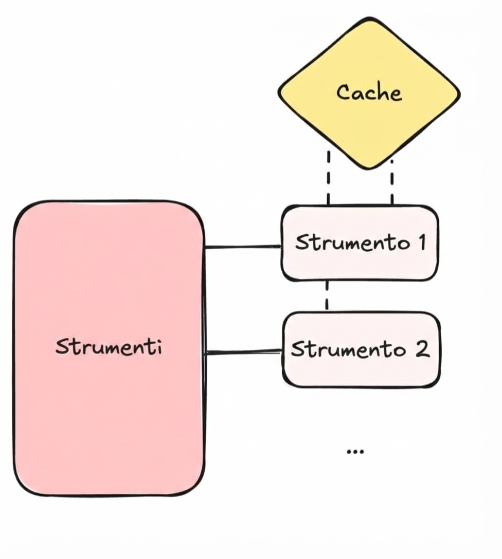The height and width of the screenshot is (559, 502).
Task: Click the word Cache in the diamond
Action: pyautogui.click(x=369, y=92)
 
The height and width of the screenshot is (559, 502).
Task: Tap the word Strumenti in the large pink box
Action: pyautogui.click(x=109, y=347)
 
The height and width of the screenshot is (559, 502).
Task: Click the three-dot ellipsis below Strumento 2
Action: pyautogui.click(x=355, y=451)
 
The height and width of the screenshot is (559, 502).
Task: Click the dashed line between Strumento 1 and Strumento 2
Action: pyautogui.click(x=327, y=296)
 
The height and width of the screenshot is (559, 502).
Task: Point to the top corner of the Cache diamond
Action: pyautogui.click(x=369, y=19)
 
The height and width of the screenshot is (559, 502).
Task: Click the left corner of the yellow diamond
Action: pyautogui.click(x=279, y=94)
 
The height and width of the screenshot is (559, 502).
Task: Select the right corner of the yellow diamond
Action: pyautogui.click(x=459, y=94)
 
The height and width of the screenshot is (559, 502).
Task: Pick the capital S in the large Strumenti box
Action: pyautogui.click(x=62, y=347)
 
